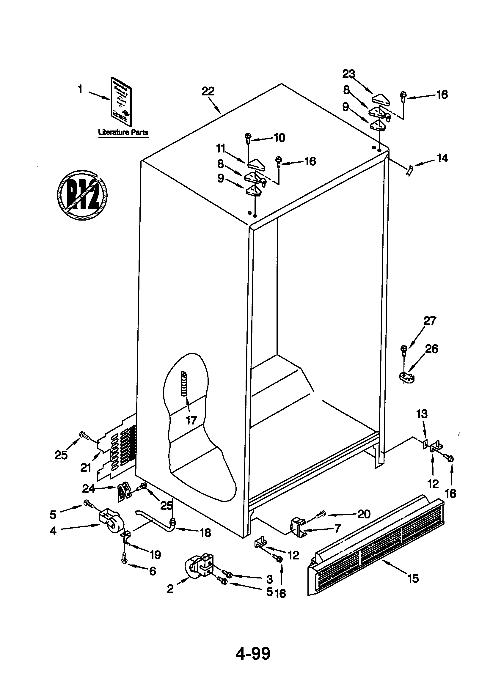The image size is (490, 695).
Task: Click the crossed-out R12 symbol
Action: point(82,194)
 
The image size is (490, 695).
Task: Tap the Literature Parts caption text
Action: point(123,132)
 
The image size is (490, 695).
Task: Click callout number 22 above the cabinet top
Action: point(208,91)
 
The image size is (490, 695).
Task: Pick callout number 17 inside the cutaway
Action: point(191,420)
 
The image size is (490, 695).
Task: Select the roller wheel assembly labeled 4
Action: point(110,520)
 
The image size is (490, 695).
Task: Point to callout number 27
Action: point(430,320)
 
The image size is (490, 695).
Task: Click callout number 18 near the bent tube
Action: point(206,533)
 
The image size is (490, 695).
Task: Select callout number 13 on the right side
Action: point(422,414)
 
